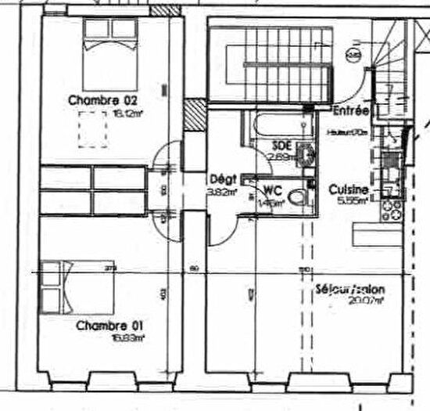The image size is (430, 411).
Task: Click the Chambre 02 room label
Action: (103, 100)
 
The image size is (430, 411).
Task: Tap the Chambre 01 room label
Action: (103, 325)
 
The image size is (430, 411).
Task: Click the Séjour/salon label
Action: (350, 287)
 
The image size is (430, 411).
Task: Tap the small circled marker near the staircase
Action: (355, 56)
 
